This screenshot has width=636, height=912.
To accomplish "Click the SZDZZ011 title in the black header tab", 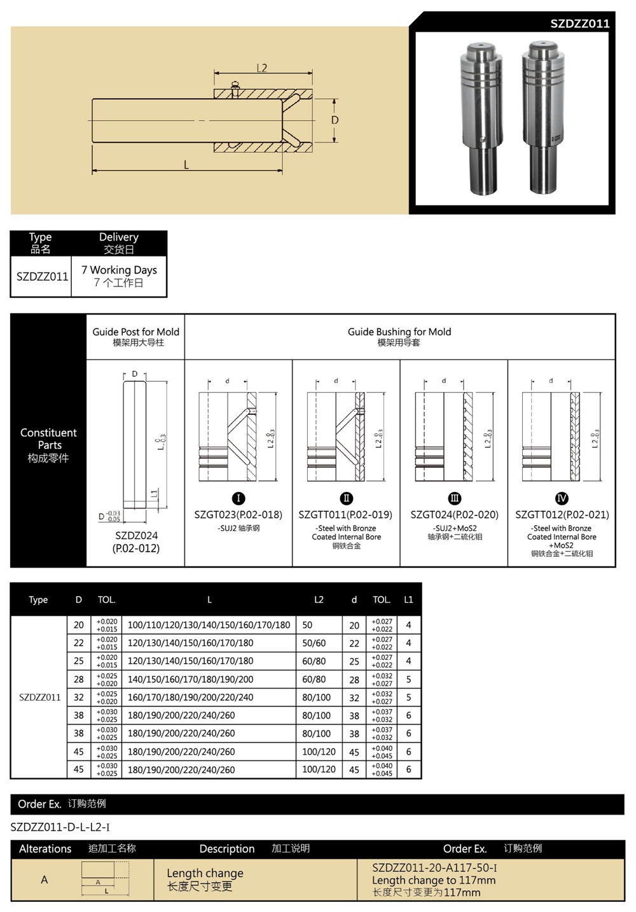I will pyautogui.click(x=579, y=24).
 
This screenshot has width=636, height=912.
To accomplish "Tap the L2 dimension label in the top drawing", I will pyautogui.click(x=261, y=68).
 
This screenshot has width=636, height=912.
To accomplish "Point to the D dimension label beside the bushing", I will pyautogui.click(x=335, y=120).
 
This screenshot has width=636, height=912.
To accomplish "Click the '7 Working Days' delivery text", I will pyautogui.click(x=119, y=270).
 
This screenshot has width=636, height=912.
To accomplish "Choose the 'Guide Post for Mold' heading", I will pyautogui.click(x=136, y=332).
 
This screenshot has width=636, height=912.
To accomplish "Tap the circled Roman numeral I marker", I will pyautogui.click(x=238, y=498).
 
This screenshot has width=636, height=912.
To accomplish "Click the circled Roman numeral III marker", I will pyautogui.click(x=454, y=498).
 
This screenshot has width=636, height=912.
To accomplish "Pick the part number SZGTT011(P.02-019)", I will pyautogui.click(x=345, y=514).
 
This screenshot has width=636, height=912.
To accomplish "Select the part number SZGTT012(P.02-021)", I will pyautogui.click(x=562, y=514).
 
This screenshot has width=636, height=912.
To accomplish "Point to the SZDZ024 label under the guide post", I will pyautogui.click(x=136, y=536).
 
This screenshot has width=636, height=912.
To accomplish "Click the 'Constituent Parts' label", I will pyautogui.click(x=48, y=439).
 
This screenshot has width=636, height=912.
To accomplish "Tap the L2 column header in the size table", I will pyautogui.click(x=319, y=600).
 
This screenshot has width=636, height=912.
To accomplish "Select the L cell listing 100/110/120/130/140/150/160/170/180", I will pyautogui.click(x=209, y=625).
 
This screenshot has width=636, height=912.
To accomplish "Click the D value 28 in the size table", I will pyautogui.click(x=79, y=679).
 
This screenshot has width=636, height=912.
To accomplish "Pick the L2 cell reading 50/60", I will pyautogui.click(x=314, y=643).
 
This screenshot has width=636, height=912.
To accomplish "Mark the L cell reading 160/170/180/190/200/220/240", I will pyautogui.click(x=190, y=697).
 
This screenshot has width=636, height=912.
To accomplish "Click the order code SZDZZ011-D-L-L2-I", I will pyautogui.click(x=60, y=827).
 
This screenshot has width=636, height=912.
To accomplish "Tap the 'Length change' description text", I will pyautogui.click(x=205, y=873).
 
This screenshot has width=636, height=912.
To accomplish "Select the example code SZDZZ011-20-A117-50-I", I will pyautogui.click(x=434, y=867).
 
